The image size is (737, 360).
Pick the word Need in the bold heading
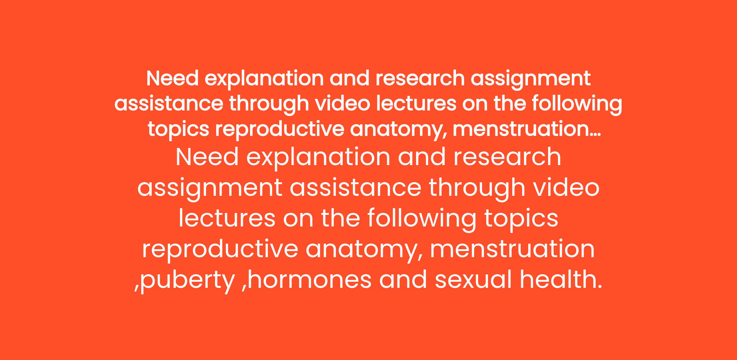[173, 78]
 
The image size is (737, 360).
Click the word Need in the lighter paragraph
[207, 157]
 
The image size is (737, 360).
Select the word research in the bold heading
[420, 78]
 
